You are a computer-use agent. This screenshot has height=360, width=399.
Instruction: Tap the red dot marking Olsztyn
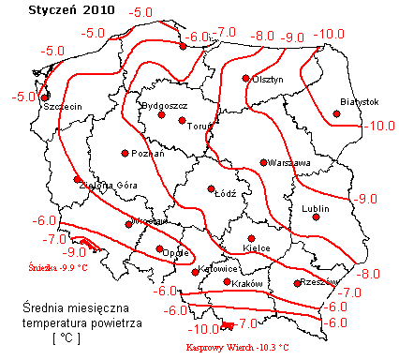[x=246, y=79]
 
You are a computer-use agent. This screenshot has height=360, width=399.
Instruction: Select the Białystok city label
[x=359, y=101]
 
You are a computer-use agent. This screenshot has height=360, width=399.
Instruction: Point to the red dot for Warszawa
[x=263, y=162]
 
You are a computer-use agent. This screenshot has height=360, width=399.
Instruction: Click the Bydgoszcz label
[x=164, y=106]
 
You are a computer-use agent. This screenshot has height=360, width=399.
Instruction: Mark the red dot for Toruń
[x=182, y=120]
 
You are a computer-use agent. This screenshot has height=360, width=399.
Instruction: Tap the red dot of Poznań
[x=125, y=153]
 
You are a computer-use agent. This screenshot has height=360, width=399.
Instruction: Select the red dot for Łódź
[x=212, y=188]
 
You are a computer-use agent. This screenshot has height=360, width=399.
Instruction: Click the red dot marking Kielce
[x=251, y=238]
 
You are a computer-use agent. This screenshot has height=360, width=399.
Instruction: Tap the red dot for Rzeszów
[x=298, y=283]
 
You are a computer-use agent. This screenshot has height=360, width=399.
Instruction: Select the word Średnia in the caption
[x=46, y=307]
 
